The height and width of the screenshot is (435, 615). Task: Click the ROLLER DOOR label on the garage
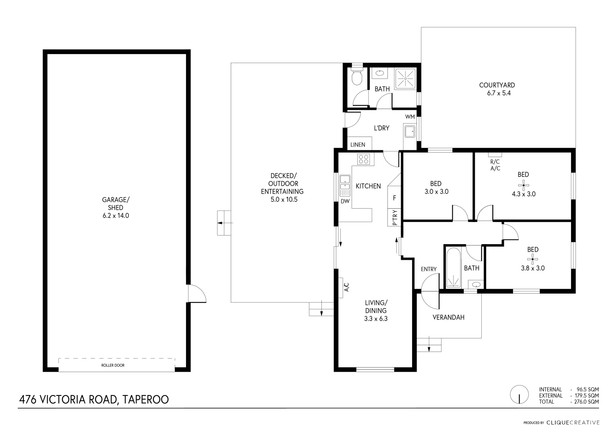point(113,365)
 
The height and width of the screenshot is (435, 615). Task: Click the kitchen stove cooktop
point(364,159)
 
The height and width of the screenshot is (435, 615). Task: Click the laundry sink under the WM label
point(410,131)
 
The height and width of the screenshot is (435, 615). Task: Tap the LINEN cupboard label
point(358,145)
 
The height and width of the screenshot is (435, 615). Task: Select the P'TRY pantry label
point(395,217)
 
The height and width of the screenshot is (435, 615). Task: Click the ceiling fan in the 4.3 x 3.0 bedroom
point(524,185)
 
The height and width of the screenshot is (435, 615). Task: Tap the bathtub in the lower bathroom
point(453,268)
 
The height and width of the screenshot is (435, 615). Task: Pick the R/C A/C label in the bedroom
point(495,165)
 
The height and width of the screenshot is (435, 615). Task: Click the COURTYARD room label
point(497,85)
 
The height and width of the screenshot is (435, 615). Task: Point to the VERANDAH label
point(448,317)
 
